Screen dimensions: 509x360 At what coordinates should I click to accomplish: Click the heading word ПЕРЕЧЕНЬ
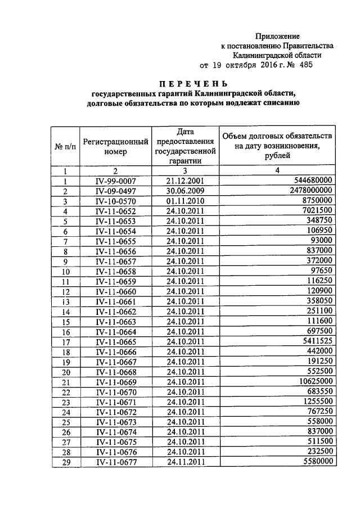tap(193, 83)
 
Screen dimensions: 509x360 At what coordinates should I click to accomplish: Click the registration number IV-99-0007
tap(115, 181)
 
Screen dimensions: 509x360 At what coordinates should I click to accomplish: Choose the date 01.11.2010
tap(184, 201)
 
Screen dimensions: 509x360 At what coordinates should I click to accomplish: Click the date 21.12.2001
tap(184, 181)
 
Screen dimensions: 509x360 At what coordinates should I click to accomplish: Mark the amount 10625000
tap(313, 381)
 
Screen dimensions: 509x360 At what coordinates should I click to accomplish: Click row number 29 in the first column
tap(65, 462)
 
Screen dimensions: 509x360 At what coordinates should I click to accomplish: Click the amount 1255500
tap(316, 402)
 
